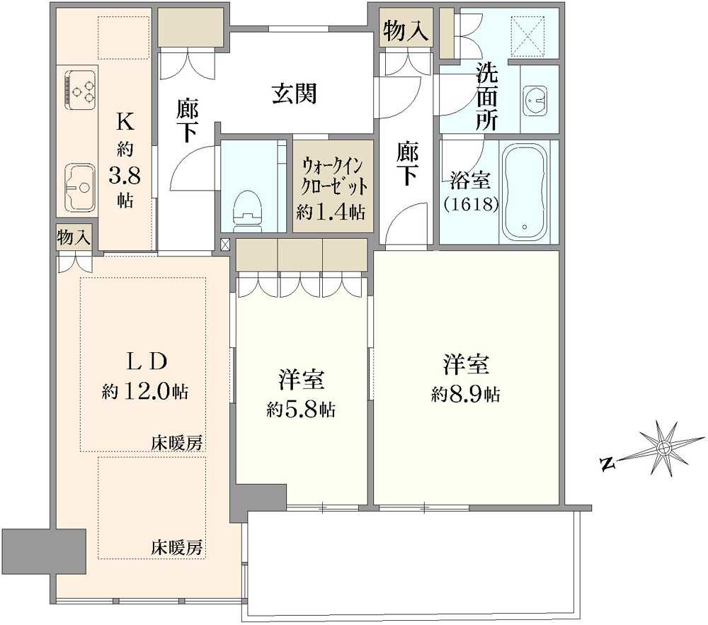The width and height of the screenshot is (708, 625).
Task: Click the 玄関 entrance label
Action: (294, 93)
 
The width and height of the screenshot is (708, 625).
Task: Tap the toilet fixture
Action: (249, 206)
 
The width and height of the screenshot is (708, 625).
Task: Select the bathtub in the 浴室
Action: (525, 191)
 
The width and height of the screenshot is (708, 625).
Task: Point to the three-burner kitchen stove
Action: (80, 89)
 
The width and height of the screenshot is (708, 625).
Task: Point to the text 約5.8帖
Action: (302, 409)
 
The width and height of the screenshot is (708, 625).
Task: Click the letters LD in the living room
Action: (147, 361)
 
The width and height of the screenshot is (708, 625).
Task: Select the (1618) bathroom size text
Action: (471, 204)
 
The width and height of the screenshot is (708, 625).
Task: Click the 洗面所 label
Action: (486, 95)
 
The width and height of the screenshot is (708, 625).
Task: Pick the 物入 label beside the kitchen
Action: (74, 238)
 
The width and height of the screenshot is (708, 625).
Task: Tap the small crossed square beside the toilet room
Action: (225, 245)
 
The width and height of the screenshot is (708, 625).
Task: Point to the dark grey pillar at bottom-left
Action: (44, 552)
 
